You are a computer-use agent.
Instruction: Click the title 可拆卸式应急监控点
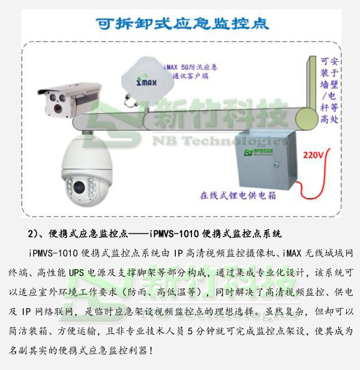tap(182, 23)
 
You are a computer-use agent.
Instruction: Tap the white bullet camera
tap(70, 100)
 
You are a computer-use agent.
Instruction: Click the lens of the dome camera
tap(79, 187)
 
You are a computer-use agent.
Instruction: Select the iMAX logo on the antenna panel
tap(146, 81)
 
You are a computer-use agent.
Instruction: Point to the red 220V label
tap(313, 155)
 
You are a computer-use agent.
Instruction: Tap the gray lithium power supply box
tap(267, 160)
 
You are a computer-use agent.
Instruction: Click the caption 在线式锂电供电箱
tap(238, 195)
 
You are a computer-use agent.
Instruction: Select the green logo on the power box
tap(259, 152)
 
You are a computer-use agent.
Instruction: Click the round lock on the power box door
tap(276, 164)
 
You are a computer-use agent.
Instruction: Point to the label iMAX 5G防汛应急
tap(190, 67)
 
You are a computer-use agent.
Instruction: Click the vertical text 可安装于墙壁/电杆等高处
tap(329, 91)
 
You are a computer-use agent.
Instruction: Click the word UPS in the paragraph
tap(76, 273)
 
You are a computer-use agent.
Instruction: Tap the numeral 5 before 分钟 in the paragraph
tap(191, 331)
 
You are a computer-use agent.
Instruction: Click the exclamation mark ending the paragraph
tap(151, 351)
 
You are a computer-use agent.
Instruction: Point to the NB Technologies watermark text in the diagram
tap(220, 141)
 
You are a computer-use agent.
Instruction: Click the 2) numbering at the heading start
tap(32, 234)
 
